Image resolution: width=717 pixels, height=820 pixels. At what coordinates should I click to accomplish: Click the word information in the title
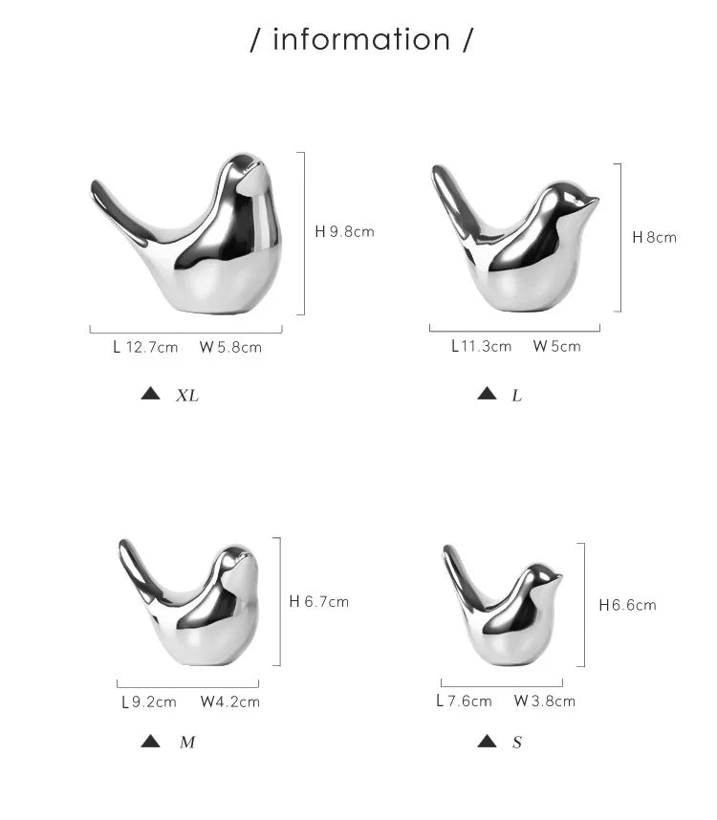coord(361,40)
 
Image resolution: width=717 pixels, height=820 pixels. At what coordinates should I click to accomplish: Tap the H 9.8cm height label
coord(345,231)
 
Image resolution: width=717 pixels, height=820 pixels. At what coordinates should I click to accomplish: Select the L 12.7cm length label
coord(145,347)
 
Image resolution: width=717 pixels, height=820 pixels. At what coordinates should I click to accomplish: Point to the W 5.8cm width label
coord(230,347)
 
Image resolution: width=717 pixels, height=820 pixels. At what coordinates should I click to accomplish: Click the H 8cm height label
coord(654,237)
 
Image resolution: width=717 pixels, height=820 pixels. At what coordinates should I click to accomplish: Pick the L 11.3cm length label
coord(482,346)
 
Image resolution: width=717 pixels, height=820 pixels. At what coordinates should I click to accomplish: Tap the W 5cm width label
coord(557,346)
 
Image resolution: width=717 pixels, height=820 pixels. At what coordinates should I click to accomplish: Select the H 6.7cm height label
coord(319,602)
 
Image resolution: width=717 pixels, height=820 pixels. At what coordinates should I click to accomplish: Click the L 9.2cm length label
coord(149,701)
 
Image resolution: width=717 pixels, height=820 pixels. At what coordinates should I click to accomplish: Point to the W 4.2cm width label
coord(230,701)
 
